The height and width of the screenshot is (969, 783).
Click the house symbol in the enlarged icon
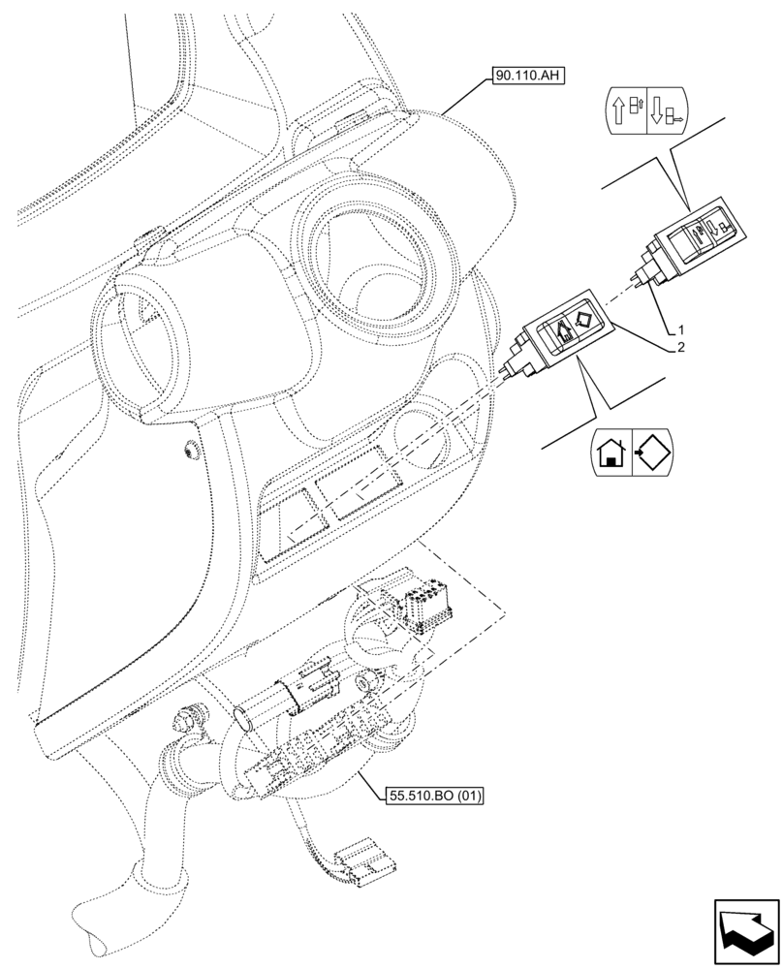[x=611, y=453]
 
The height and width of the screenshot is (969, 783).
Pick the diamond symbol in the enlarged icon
[x=651, y=451]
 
